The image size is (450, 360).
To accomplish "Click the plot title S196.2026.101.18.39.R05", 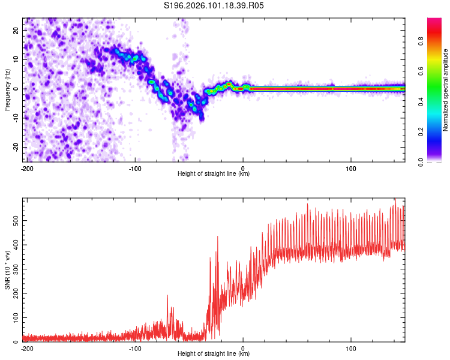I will [x=214, y=6].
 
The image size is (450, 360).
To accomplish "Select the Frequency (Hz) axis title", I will [x=7, y=89].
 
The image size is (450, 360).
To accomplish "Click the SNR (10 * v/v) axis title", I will [x=7, y=270].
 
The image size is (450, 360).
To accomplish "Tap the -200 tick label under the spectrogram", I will [x=27, y=168].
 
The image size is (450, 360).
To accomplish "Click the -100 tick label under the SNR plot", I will [x=135, y=348].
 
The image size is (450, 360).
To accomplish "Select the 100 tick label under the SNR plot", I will [x=351, y=348].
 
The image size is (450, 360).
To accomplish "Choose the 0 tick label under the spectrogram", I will [x=243, y=168].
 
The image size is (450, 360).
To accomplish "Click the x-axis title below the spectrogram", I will [x=214, y=174].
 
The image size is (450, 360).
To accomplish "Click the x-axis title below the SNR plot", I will [x=214, y=354].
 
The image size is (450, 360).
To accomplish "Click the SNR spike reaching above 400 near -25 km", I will [x=217, y=238].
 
